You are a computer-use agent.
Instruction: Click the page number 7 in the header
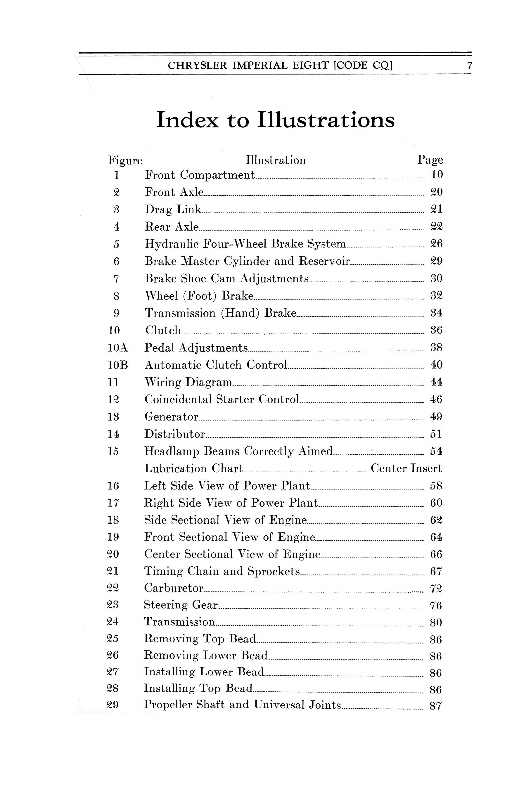(470, 65)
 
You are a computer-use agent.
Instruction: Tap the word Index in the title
(188, 120)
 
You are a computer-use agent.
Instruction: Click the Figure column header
(125, 161)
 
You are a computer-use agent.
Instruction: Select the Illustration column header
(275, 160)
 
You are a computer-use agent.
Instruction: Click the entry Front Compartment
(200, 175)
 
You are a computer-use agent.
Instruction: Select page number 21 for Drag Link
(436, 209)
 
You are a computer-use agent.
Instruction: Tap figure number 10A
(118, 347)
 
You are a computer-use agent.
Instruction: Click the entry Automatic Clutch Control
(216, 365)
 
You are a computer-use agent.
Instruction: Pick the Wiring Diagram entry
(188, 383)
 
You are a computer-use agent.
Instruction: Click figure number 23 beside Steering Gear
(113, 605)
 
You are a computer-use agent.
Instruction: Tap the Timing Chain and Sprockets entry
(222, 571)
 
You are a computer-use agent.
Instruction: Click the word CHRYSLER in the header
(197, 65)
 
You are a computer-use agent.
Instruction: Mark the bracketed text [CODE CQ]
(363, 65)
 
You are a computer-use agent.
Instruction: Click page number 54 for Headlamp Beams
(436, 451)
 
